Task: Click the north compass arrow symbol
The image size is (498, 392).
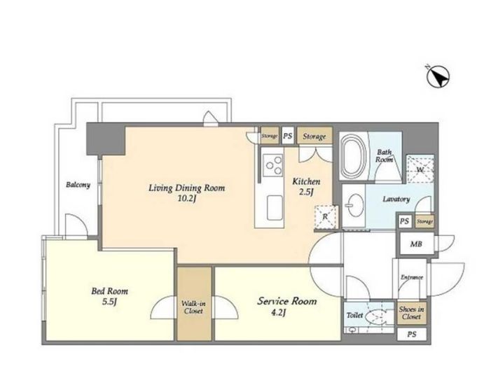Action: (x=438, y=77)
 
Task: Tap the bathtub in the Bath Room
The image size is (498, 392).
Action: (x=353, y=156)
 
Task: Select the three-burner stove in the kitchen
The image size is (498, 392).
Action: (x=274, y=165)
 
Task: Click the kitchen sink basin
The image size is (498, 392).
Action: (x=275, y=208)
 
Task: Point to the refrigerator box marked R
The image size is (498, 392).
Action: (x=326, y=217)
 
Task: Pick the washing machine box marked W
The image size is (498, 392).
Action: (x=420, y=169)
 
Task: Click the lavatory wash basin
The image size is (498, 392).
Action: (x=354, y=205)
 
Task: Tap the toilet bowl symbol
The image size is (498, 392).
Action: (x=375, y=316)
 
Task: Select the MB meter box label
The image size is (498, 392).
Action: (x=416, y=244)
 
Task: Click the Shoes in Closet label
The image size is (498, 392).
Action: (x=412, y=313)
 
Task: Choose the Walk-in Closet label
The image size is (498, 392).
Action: (x=193, y=307)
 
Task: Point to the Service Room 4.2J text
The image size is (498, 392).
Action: (x=286, y=307)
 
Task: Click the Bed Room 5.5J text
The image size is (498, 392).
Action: (x=109, y=296)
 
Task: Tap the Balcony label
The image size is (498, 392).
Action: (x=78, y=185)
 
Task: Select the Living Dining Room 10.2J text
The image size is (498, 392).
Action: (x=187, y=192)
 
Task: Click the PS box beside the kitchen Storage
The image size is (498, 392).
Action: (x=288, y=136)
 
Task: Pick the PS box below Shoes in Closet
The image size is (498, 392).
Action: (x=412, y=334)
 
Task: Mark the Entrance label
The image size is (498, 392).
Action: (x=412, y=277)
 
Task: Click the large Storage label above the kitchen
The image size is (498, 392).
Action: (x=314, y=136)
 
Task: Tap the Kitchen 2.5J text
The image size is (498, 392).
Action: (x=306, y=187)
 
